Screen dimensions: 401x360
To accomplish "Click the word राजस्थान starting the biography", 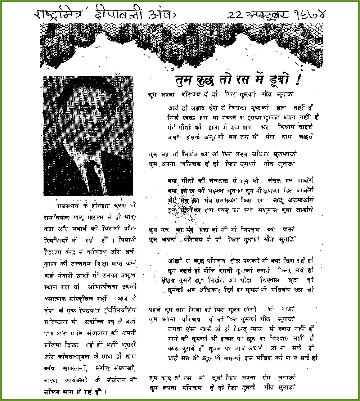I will click(x=70, y=206).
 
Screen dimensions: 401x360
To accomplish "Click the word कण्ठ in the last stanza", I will click(x=174, y=348).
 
